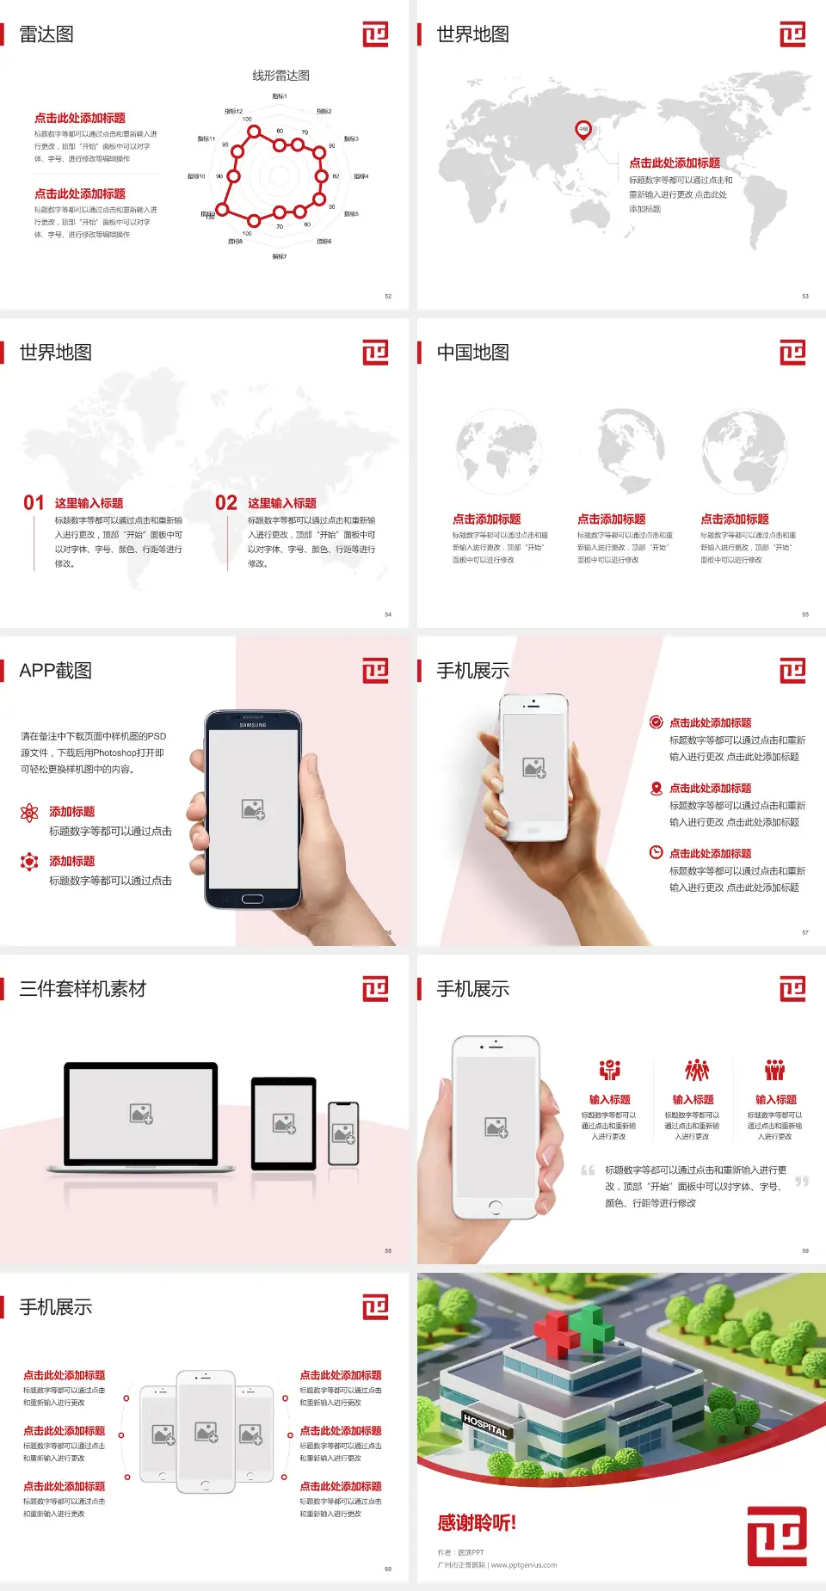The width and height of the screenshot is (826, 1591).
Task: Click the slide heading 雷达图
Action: click(46, 34)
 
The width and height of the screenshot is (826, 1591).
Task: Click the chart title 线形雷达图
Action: click(280, 76)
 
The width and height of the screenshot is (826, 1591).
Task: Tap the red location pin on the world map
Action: click(583, 130)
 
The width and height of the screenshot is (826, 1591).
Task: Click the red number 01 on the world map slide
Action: click(34, 503)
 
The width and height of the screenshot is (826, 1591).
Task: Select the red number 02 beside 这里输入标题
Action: click(226, 503)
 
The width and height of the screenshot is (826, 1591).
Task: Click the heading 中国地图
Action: click(472, 353)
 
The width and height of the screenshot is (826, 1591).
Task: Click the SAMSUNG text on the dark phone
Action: click(253, 725)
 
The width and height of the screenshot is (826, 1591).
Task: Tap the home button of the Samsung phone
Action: click(252, 899)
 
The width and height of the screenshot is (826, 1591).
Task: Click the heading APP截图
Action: click(56, 671)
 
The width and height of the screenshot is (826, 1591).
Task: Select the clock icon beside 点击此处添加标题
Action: click(656, 852)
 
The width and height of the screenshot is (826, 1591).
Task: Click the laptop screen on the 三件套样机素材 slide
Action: click(141, 1113)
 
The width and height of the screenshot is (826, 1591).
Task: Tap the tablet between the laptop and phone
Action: click(283, 1122)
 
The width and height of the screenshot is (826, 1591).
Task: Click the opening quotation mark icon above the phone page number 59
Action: click(588, 1170)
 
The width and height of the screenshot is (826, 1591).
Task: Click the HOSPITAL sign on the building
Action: click(485, 1426)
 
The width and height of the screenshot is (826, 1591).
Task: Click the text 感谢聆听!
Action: click(477, 1523)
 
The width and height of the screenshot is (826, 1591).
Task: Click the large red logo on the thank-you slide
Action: click(777, 1535)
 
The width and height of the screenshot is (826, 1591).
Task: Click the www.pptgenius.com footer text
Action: click(524, 1565)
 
